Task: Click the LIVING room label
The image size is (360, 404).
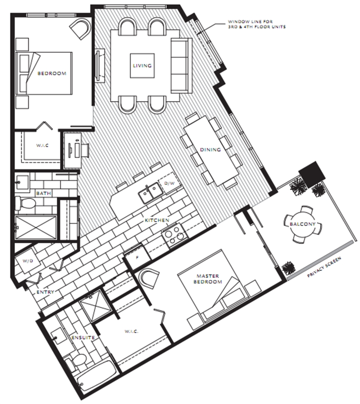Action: (x=142, y=66)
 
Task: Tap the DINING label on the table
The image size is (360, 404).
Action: (x=210, y=149)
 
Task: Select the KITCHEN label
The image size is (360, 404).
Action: (x=157, y=220)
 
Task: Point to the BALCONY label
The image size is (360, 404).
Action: (x=303, y=224)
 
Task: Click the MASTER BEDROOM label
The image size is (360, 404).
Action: (x=208, y=279)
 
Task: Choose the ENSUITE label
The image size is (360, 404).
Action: (x=83, y=338)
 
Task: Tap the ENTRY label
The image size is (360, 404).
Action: (x=45, y=292)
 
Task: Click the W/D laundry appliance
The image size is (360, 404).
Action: (x=28, y=261)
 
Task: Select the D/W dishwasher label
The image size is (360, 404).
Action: (x=169, y=183)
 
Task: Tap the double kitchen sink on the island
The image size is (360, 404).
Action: (x=150, y=193)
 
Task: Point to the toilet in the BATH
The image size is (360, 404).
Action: (x=25, y=203)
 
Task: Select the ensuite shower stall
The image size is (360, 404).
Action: (x=96, y=306)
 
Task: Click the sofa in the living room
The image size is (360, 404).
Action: (x=181, y=66)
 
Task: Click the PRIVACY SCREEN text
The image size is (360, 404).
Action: (x=324, y=267)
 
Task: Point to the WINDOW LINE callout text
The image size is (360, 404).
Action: (x=257, y=24)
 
